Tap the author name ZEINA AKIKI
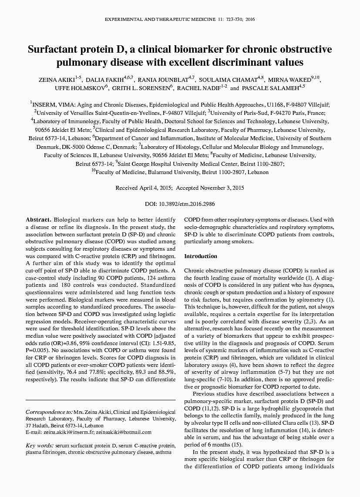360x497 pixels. click(x=56, y=80)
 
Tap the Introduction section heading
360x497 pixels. click(x=200, y=256)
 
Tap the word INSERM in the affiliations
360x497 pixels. click(x=44, y=105)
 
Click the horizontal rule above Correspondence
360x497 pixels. click(x=101, y=400)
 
